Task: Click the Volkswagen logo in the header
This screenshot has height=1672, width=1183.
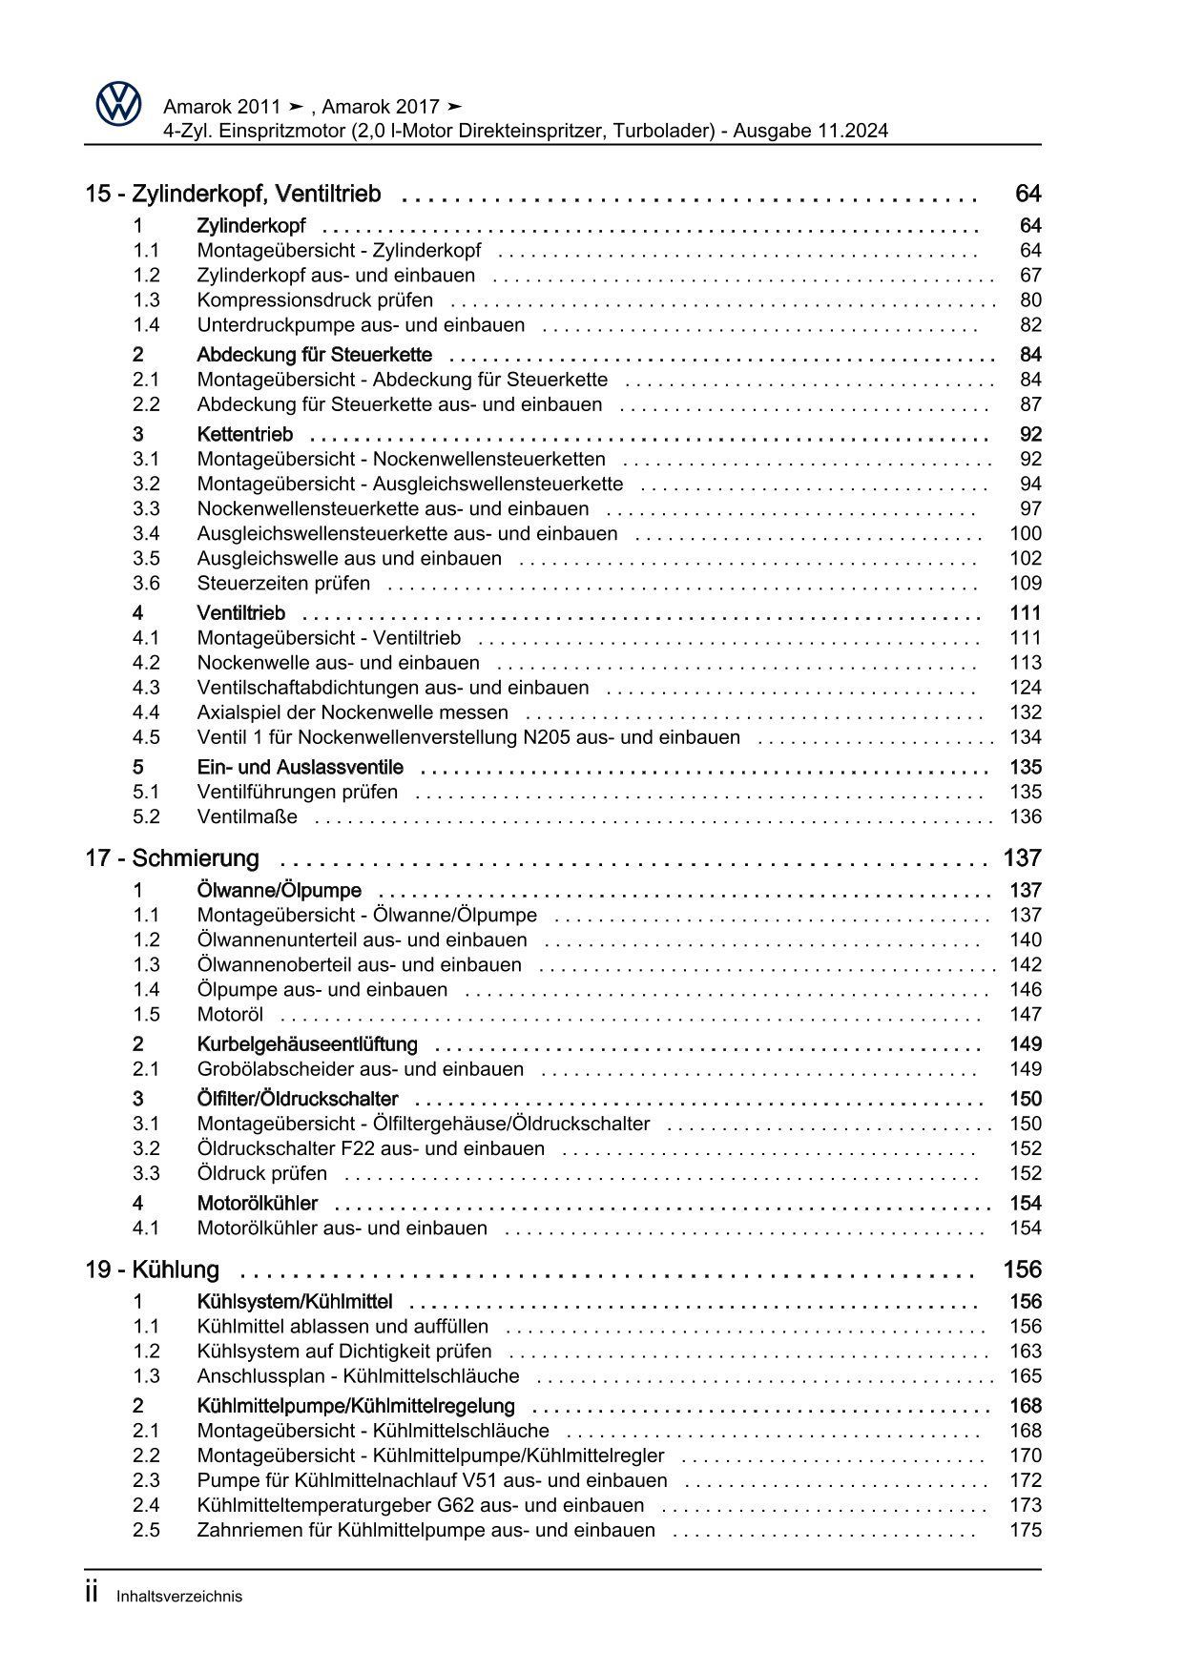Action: click(x=118, y=103)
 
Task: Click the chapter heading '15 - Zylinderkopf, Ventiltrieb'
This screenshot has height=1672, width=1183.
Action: click(x=233, y=195)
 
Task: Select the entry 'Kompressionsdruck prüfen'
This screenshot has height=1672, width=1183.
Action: click(x=315, y=300)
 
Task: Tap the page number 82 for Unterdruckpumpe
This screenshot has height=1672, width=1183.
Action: click(x=1030, y=325)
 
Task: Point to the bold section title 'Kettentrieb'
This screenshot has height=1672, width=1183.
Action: click(x=245, y=435)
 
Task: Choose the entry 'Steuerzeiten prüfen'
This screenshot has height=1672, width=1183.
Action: click(x=283, y=584)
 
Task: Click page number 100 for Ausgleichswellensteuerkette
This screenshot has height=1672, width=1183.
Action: click(x=1026, y=534)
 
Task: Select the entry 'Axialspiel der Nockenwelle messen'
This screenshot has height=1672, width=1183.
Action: click(x=352, y=712)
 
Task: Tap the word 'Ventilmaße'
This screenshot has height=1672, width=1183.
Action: click(x=247, y=817)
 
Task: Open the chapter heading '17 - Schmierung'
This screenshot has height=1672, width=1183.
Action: click(x=172, y=858)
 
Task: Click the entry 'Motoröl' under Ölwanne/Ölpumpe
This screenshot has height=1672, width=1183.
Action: click(x=230, y=1015)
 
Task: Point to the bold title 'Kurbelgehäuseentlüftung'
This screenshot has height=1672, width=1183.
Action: click(x=307, y=1044)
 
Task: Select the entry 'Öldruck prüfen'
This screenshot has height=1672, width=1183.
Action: click(x=261, y=1174)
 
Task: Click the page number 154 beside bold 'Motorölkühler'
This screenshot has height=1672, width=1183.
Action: click(x=1026, y=1204)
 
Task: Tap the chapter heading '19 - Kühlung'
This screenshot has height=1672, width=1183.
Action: click(x=152, y=1270)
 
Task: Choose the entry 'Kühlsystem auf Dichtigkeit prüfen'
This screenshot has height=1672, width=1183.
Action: click(x=344, y=1352)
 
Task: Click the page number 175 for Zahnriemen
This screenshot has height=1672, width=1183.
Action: click(x=1026, y=1531)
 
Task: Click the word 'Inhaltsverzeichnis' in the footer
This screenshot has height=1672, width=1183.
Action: click(x=179, y=1597)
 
